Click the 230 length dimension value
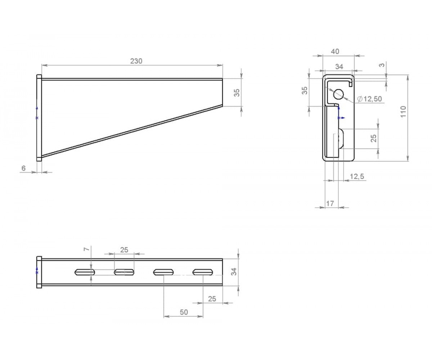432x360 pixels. click(x=136, y=61)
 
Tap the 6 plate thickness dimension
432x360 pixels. click(x=24, y=168)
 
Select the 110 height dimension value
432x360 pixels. click(x=403, y=112)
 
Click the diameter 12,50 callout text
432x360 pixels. click(x=369, y=99)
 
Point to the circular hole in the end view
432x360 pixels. click(x=338, y=94)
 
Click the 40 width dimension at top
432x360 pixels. click(x=335, y=51)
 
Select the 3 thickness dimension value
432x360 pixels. click(x=382, y=65)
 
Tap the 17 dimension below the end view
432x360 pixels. click(x=330, y=204)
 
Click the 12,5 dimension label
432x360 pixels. click(x=357, y=176)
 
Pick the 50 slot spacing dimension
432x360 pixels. click(x=184, y=312)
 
